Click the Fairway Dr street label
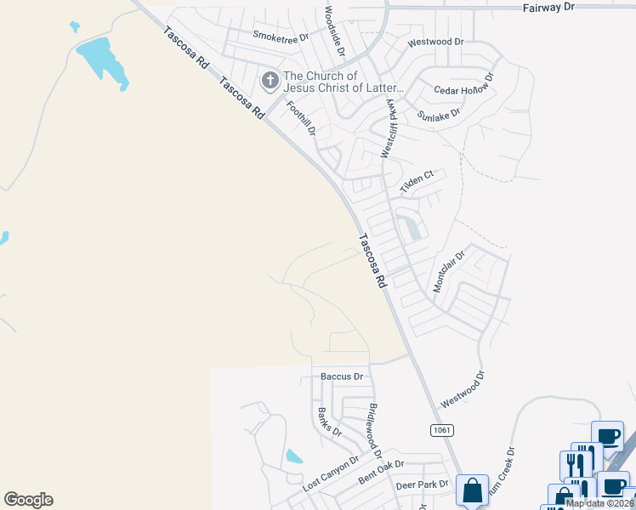coord(546,7)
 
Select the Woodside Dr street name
coord(334,31)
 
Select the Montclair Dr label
coord(450,271)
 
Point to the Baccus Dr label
coord(342,376)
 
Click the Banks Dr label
coord(330,422)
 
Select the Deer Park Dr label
coord(422,485)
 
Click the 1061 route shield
coord(440,430)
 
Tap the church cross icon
coord(270,82)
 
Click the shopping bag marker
coord(472,490)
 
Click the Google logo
coord(28,500)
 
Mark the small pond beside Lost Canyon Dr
coord(294,456)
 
